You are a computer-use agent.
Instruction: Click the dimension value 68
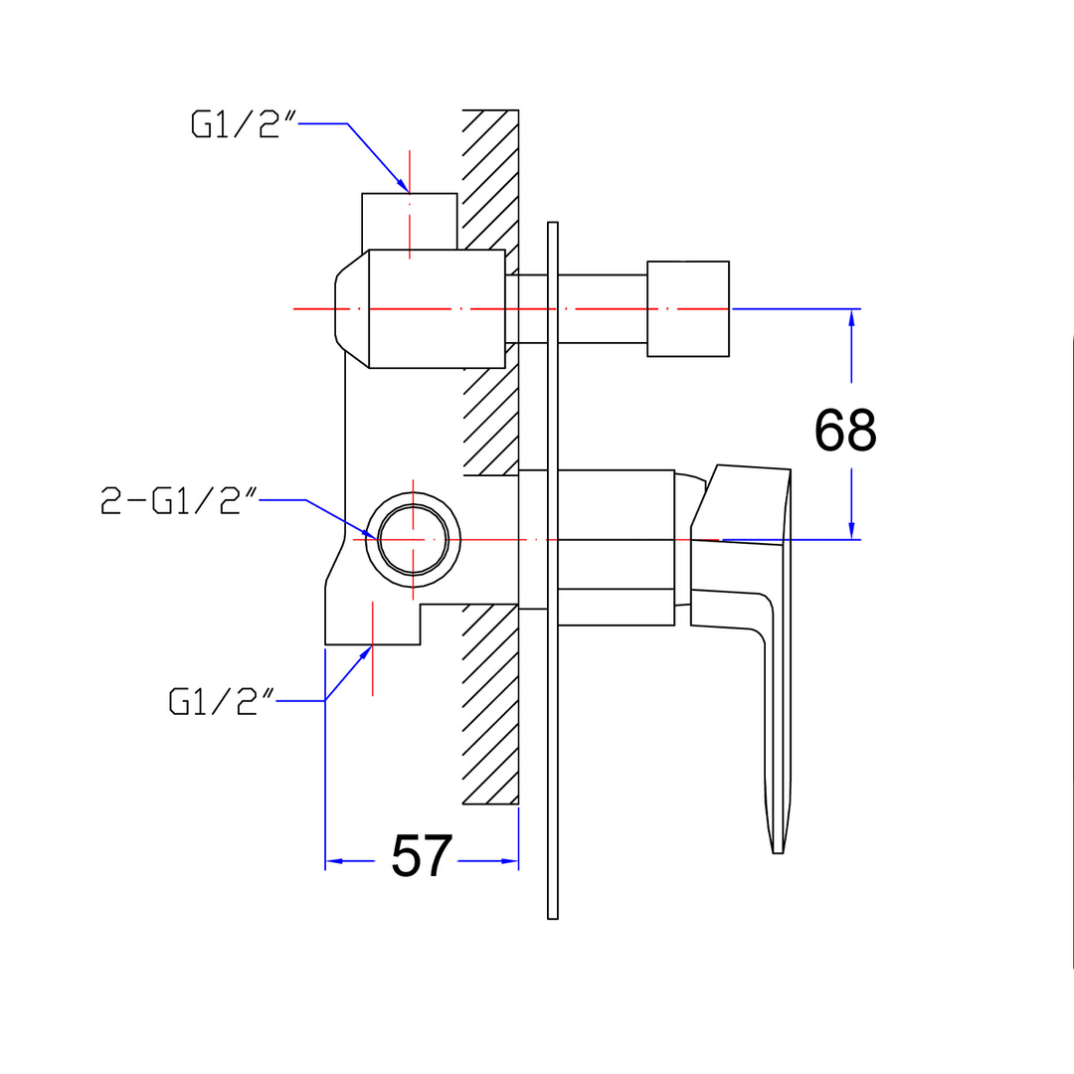point(844,430)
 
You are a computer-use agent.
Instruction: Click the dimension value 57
point(422,855)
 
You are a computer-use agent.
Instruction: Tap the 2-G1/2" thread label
point(179,500)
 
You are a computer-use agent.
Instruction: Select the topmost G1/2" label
point(244,124)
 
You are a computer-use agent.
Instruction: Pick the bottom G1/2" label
point(221,701)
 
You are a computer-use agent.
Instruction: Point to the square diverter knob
point(688,309)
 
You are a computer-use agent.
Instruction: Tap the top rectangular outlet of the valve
point(410,221)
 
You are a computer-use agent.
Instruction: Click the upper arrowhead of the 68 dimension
point(851,318)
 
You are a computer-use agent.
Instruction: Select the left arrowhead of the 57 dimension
point(334,861)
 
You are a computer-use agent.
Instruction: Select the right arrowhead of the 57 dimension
point(509,861)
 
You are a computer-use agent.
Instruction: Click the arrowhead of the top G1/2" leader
point(403,186)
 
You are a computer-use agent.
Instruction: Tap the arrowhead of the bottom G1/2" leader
point(365,652)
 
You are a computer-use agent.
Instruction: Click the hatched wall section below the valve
point(490,704)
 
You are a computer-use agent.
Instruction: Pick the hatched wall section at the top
point(490,179)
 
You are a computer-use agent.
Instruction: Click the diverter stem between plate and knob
point(602,309)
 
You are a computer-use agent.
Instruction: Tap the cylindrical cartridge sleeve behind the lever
point(616,547)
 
